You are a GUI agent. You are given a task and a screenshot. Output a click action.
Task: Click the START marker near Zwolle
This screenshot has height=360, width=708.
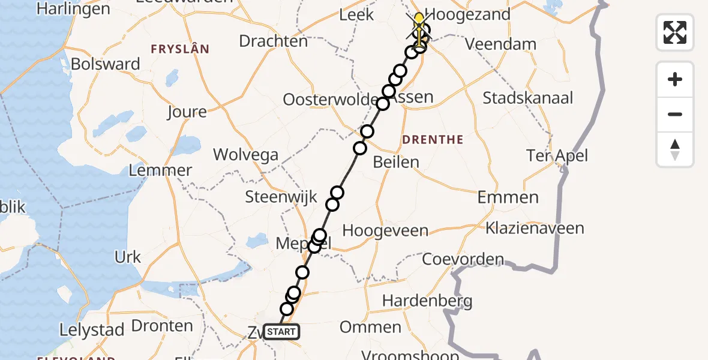point(280,332)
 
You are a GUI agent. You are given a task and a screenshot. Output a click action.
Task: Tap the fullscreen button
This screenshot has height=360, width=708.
point(675,32)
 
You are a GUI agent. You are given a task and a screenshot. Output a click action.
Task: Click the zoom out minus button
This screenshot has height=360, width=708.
point(675,115)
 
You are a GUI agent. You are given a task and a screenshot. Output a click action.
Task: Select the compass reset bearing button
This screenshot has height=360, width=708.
point(675,149)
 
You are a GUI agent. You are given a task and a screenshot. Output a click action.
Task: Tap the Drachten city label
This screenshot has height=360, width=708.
point(273,41)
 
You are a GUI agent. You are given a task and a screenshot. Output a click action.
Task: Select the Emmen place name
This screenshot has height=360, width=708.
point(508,197)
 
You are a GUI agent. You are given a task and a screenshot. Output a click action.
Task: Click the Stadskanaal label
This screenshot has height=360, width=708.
point(528,98)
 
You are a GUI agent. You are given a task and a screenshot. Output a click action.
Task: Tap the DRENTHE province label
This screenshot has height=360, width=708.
point(433,140)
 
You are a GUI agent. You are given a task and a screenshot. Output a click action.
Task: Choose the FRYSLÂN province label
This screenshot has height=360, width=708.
point(180,49)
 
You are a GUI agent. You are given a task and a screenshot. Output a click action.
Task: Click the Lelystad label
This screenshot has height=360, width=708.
point(92,329)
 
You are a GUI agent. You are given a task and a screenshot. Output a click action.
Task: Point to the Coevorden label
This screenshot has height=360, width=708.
point(463,259)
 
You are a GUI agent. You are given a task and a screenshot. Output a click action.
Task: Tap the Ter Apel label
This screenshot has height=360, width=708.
point(557,156)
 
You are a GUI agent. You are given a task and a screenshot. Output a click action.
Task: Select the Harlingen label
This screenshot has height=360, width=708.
point(74,9)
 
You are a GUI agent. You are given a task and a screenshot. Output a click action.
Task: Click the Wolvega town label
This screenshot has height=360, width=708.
point(246,155)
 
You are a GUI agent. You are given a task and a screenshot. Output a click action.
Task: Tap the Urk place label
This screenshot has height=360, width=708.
point(127,257)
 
